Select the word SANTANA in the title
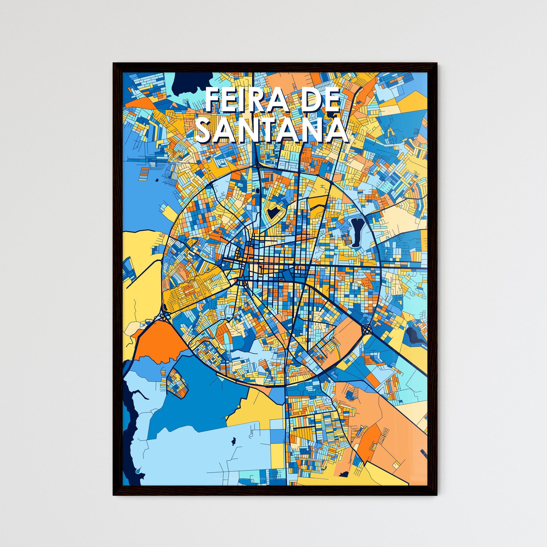[271, 131]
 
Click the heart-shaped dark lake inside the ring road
[273, 212]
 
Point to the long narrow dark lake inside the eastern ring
[356, 232]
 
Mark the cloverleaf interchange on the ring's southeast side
[367, 329]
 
